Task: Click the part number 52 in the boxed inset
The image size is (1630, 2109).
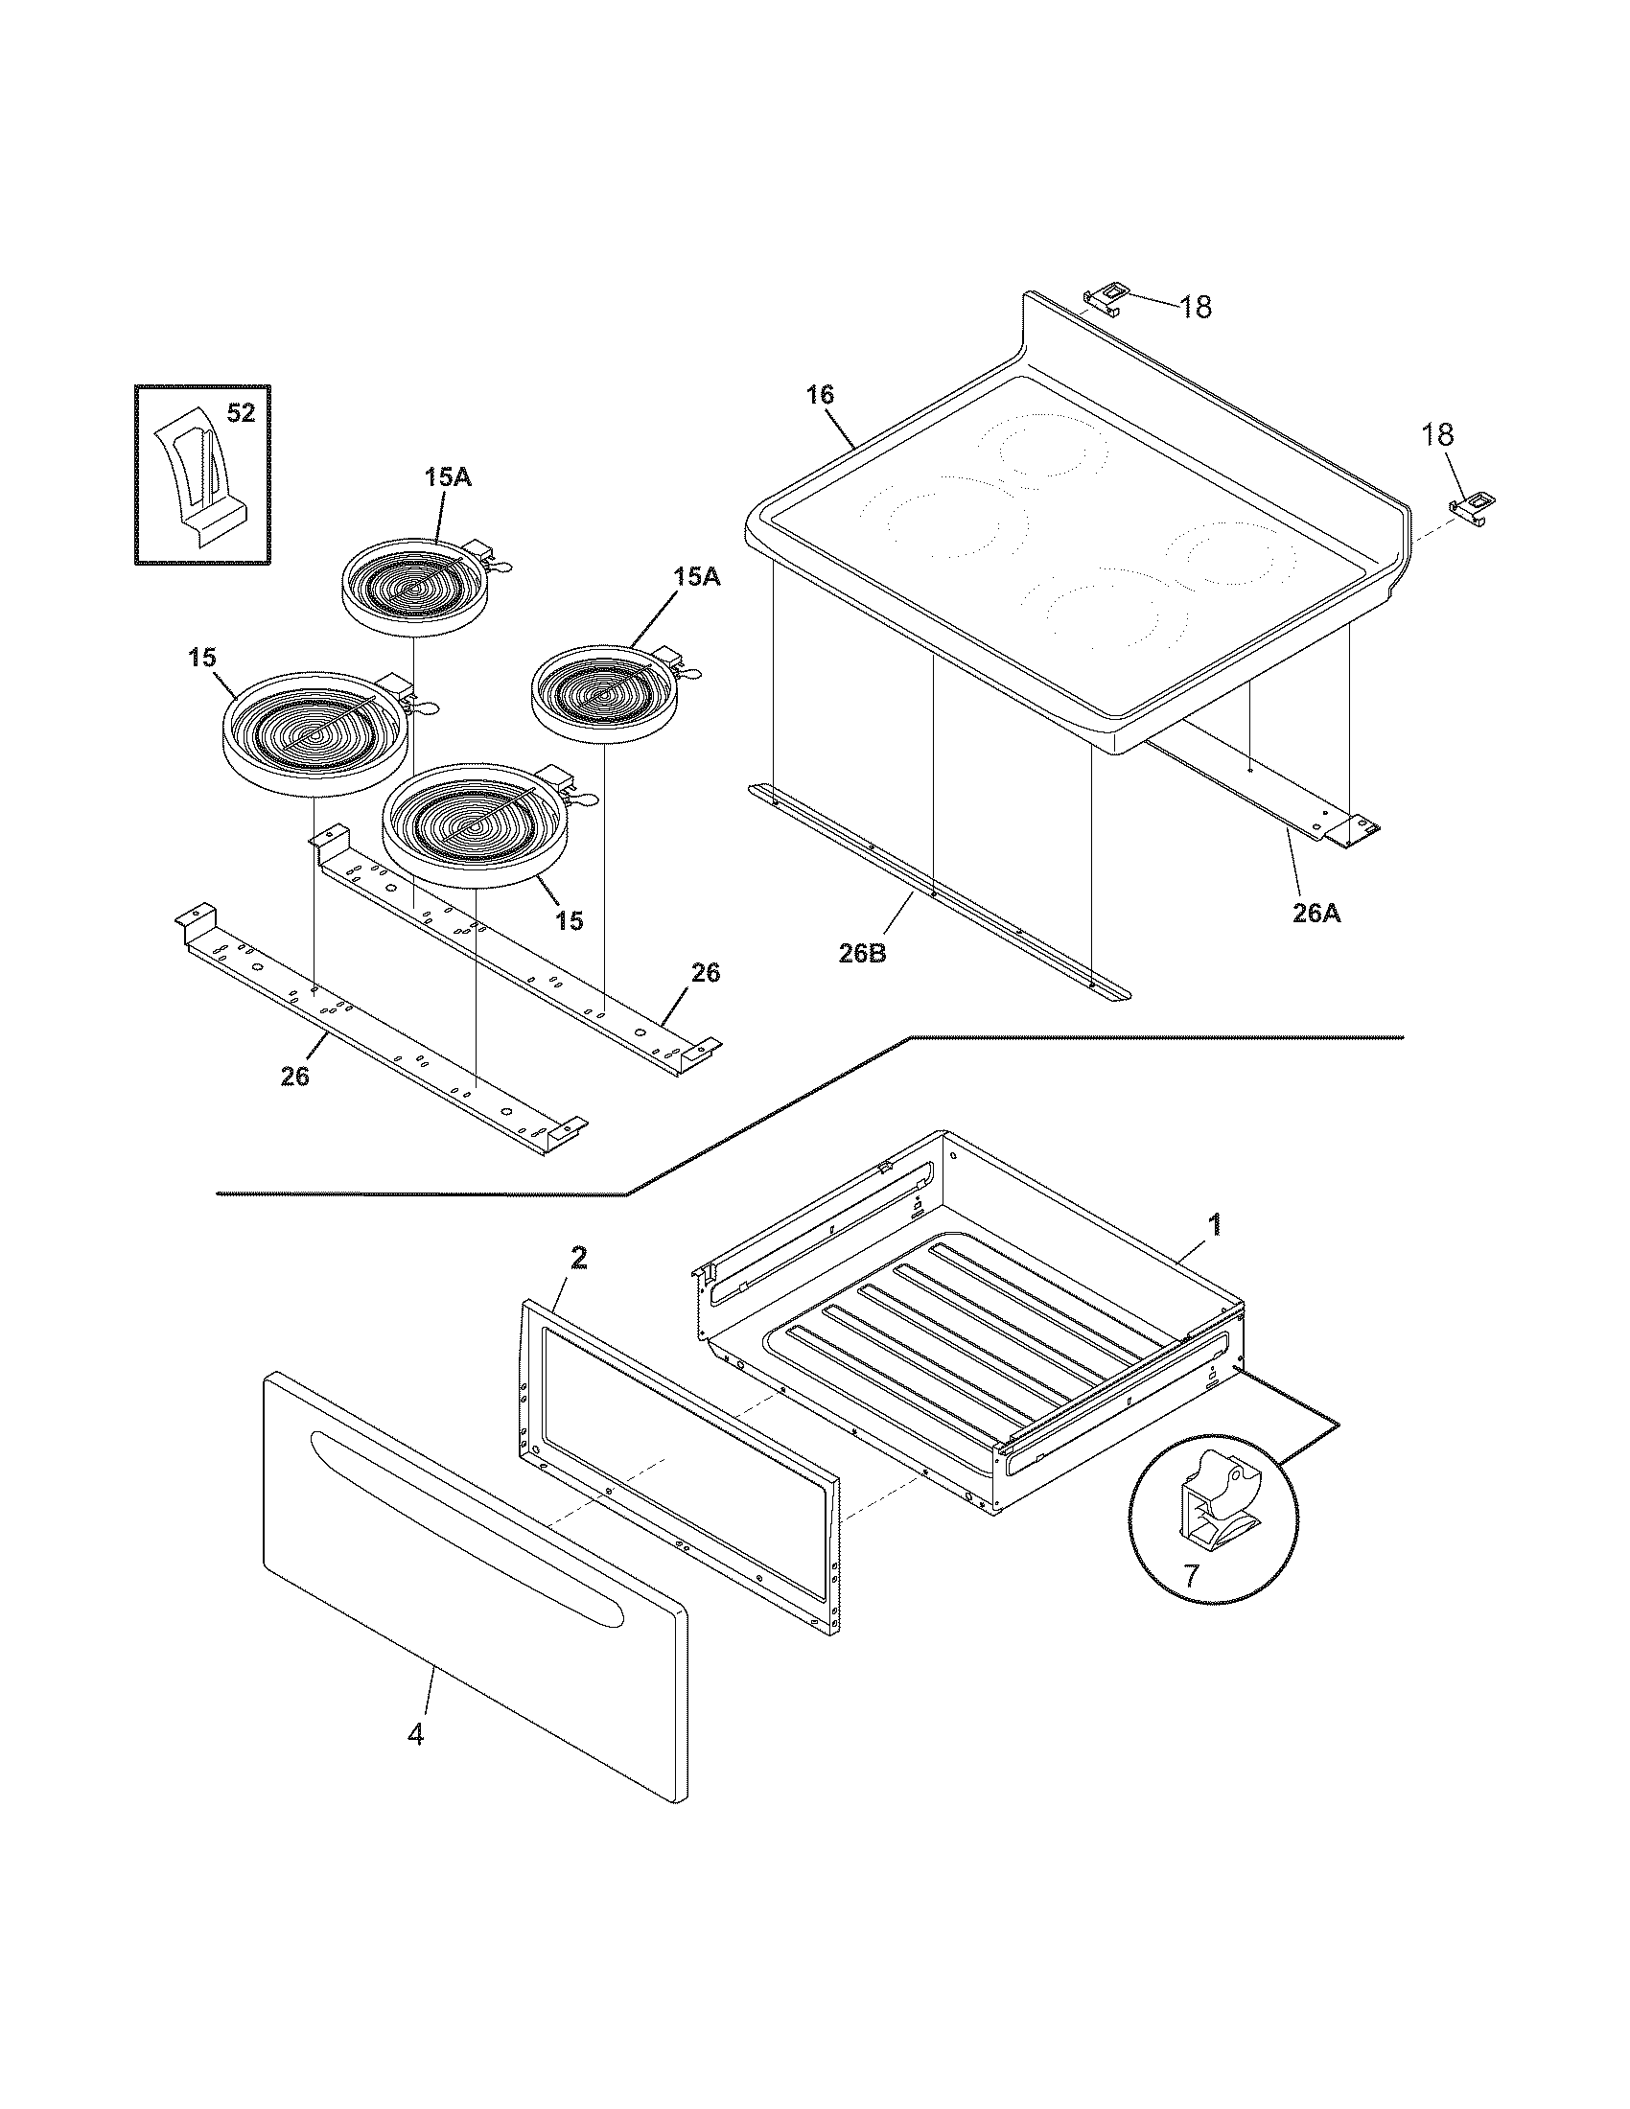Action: tap(241, 413)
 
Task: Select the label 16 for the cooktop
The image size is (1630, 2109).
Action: tap(821, 395)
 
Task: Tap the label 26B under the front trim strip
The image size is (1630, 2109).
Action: tap(862, 953)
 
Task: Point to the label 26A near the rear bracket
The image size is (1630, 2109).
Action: tap(1316, 912)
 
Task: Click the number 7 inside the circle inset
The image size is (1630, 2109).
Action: tap(1191, 1576)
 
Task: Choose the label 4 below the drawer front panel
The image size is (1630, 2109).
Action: tap(415, 1734)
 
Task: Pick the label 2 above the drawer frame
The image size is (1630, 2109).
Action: tap(578, 1258)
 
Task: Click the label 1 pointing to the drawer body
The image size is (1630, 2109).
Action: tap(1216, 1225)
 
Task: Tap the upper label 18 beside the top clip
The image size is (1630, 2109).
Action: tap(1195, 307)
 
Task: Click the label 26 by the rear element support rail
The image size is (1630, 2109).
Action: tap(706, 972)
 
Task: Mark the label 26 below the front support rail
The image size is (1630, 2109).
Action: tap(295, 1077)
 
